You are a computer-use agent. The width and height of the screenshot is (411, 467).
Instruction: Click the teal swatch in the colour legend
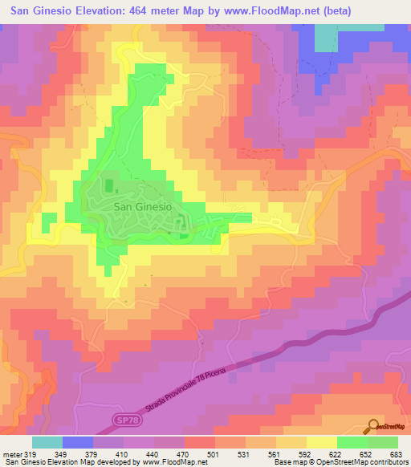47,441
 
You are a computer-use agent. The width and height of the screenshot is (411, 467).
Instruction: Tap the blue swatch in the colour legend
78,441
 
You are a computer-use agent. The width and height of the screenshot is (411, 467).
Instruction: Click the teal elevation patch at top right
325,37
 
